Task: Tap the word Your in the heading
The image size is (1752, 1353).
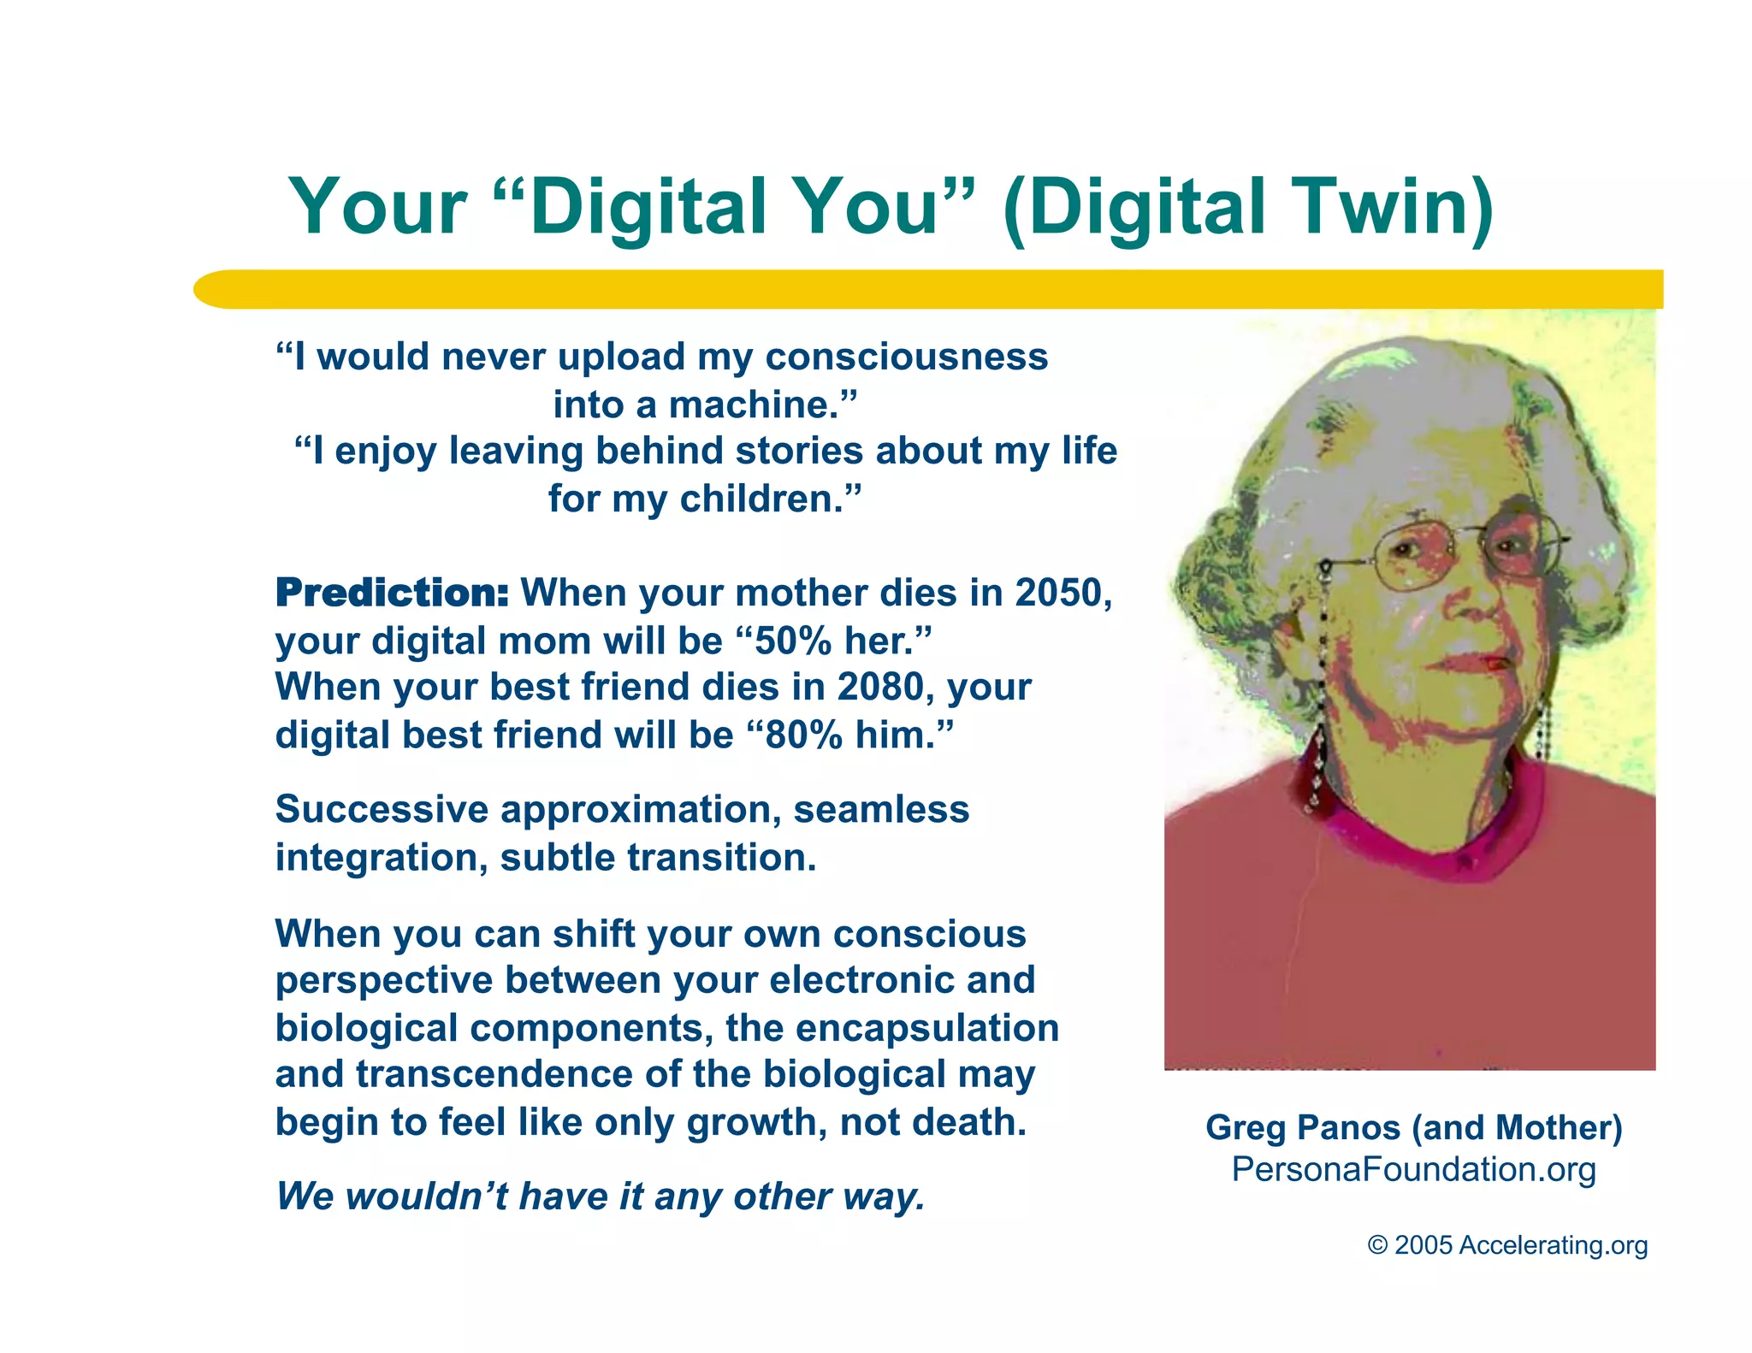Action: coord(377,207)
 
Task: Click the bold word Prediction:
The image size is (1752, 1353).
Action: coord(392,593)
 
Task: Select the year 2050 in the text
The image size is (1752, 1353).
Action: coord(1062,593)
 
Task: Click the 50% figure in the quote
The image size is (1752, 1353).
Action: coord(793,641)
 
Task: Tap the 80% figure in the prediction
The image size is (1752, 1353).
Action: coord(803,735)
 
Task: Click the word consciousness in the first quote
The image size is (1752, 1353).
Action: coord(906,357)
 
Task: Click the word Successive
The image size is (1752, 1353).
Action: coord(382,809)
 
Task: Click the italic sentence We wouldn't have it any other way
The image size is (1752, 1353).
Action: coord(601,1196)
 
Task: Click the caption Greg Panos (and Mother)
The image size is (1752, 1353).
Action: coord(1413,1127)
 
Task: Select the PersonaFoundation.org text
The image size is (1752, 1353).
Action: coord(1413,1169)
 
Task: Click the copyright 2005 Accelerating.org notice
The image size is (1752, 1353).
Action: coord(1507,1244)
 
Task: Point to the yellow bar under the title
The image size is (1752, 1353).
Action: coord(928,289)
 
